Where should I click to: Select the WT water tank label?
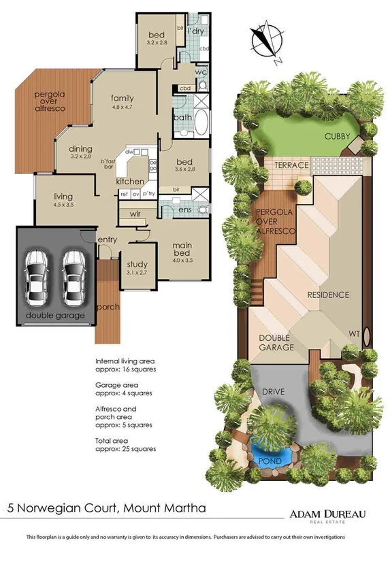tap(355, 334)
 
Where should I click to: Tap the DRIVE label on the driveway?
tap(273, 393)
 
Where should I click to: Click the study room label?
tap(137, 269)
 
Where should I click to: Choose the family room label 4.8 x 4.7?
tap(123, 102)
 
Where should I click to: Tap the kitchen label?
tap(130, 182)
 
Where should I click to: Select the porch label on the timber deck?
tap(107, 307)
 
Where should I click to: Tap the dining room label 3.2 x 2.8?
tap(81, 152)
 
